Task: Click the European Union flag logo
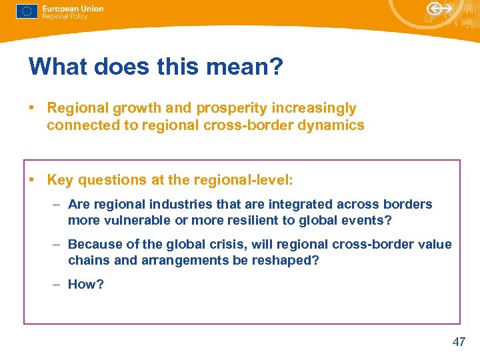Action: point(27,12)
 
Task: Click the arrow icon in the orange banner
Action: point(439,9)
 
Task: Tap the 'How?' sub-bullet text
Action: point(86,285)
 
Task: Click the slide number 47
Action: point(459,342)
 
